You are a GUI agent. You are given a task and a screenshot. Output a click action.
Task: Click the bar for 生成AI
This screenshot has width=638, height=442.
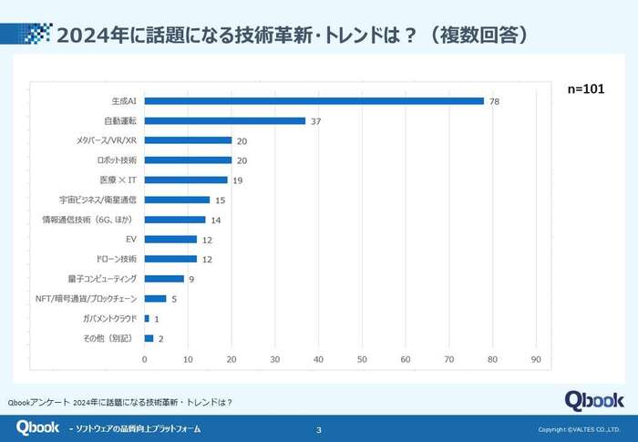[x=314, y=100]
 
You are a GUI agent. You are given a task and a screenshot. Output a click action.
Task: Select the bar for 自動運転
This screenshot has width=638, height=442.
[x=224, y=120]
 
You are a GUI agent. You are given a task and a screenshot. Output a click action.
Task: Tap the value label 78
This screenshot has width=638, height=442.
[x=494, y=101]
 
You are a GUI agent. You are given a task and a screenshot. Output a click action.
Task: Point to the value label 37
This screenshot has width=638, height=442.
[x=315, y=121]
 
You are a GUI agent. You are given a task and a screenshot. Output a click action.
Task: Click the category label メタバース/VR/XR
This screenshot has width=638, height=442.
[x=108, y=140]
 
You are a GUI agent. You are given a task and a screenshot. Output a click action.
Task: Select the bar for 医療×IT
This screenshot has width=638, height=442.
[x=185, y=180]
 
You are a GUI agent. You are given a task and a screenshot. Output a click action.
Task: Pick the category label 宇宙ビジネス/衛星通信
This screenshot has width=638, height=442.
[x=97, y=200]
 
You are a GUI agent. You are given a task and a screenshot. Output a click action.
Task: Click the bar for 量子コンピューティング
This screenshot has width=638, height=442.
[x=164, y=279]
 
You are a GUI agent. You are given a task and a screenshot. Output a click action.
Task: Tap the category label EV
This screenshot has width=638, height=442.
[x=131, y=239]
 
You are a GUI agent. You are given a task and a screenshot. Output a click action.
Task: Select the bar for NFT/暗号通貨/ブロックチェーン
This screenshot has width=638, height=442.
[x=155, y=298]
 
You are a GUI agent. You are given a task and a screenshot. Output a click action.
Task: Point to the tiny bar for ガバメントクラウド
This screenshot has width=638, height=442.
[x=147, y=318]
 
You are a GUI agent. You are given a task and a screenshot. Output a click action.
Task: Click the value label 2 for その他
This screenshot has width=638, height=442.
[x=160, y=338]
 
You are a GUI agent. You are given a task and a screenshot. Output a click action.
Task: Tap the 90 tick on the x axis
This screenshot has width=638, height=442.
[x=536, y=358]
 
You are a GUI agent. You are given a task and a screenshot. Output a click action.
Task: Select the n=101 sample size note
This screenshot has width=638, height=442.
[x=587, y=89]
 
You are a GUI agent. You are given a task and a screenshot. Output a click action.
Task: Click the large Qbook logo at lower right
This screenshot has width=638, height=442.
[x=593, y=399]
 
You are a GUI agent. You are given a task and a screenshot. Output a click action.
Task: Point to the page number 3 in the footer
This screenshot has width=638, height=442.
[x=317, y=429]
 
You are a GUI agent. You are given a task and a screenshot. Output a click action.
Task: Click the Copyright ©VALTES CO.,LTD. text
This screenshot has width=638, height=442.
[x=579, y=429]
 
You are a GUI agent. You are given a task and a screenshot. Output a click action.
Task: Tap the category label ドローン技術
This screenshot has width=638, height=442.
[x=116, y=259]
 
